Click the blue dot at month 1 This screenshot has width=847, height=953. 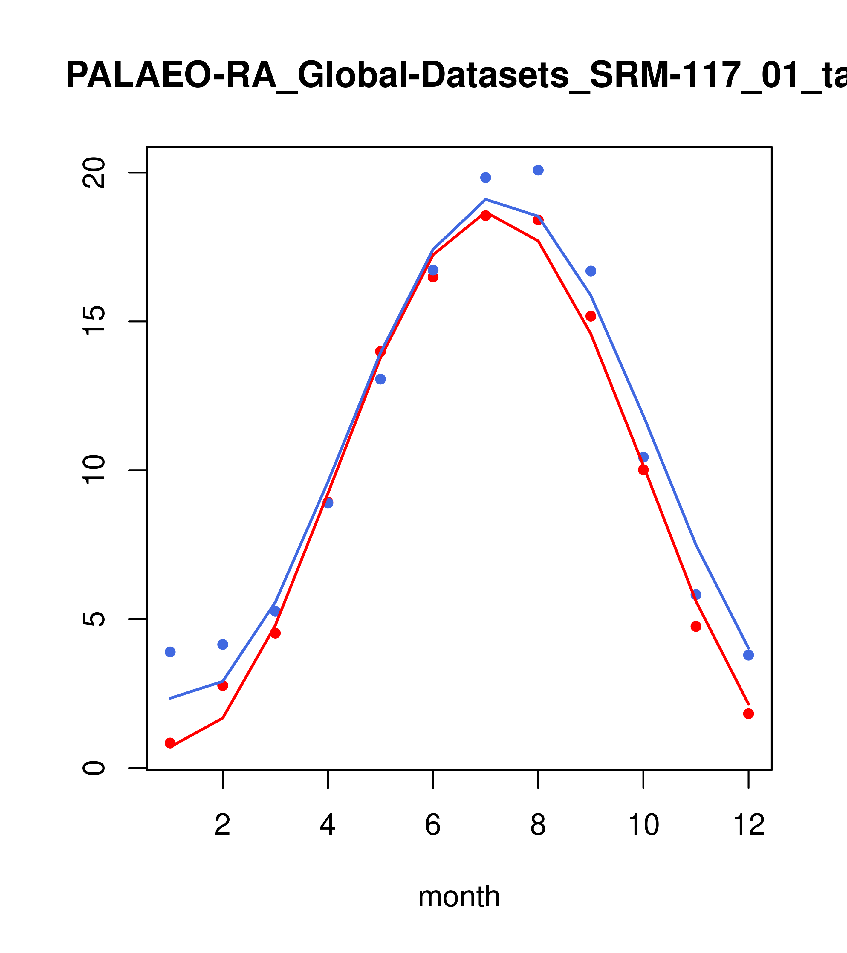[x=170, y=652]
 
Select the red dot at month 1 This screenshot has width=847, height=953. [x=170, y=743]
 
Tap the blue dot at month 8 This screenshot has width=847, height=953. [x=538, y=170]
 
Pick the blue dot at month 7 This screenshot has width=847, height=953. [x=485, y=178]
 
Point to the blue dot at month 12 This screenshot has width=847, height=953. [x=748, y=655]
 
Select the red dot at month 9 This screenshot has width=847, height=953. [x=591, y=316]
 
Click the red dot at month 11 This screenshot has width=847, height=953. [x=695, y=626]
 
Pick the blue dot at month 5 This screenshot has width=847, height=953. [x=380, y=379]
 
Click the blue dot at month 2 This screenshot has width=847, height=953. [x=223, y=644]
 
